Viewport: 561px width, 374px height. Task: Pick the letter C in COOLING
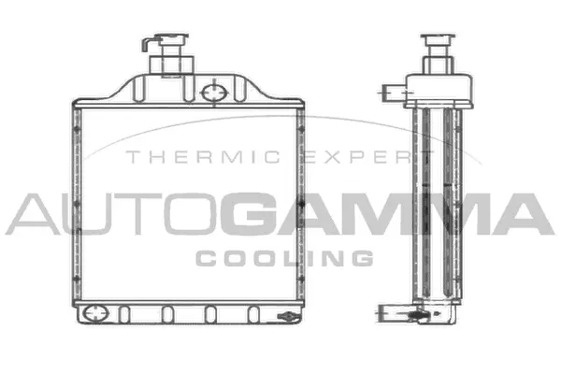click(x=205, y=257)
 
